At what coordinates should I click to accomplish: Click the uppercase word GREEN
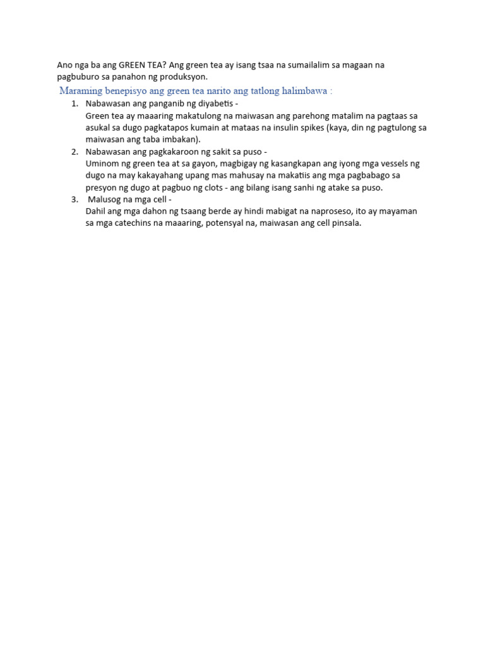[x=133, y=65]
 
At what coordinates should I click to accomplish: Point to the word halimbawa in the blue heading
[x=306, y=91]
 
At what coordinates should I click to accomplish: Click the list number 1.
[x=74, y=103]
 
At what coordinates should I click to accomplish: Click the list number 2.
[x=74, y=151]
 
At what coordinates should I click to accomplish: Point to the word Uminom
[x=101, y=163]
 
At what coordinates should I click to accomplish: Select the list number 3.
[x=74, y=199]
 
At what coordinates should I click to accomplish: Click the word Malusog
[x=104, y=199]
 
